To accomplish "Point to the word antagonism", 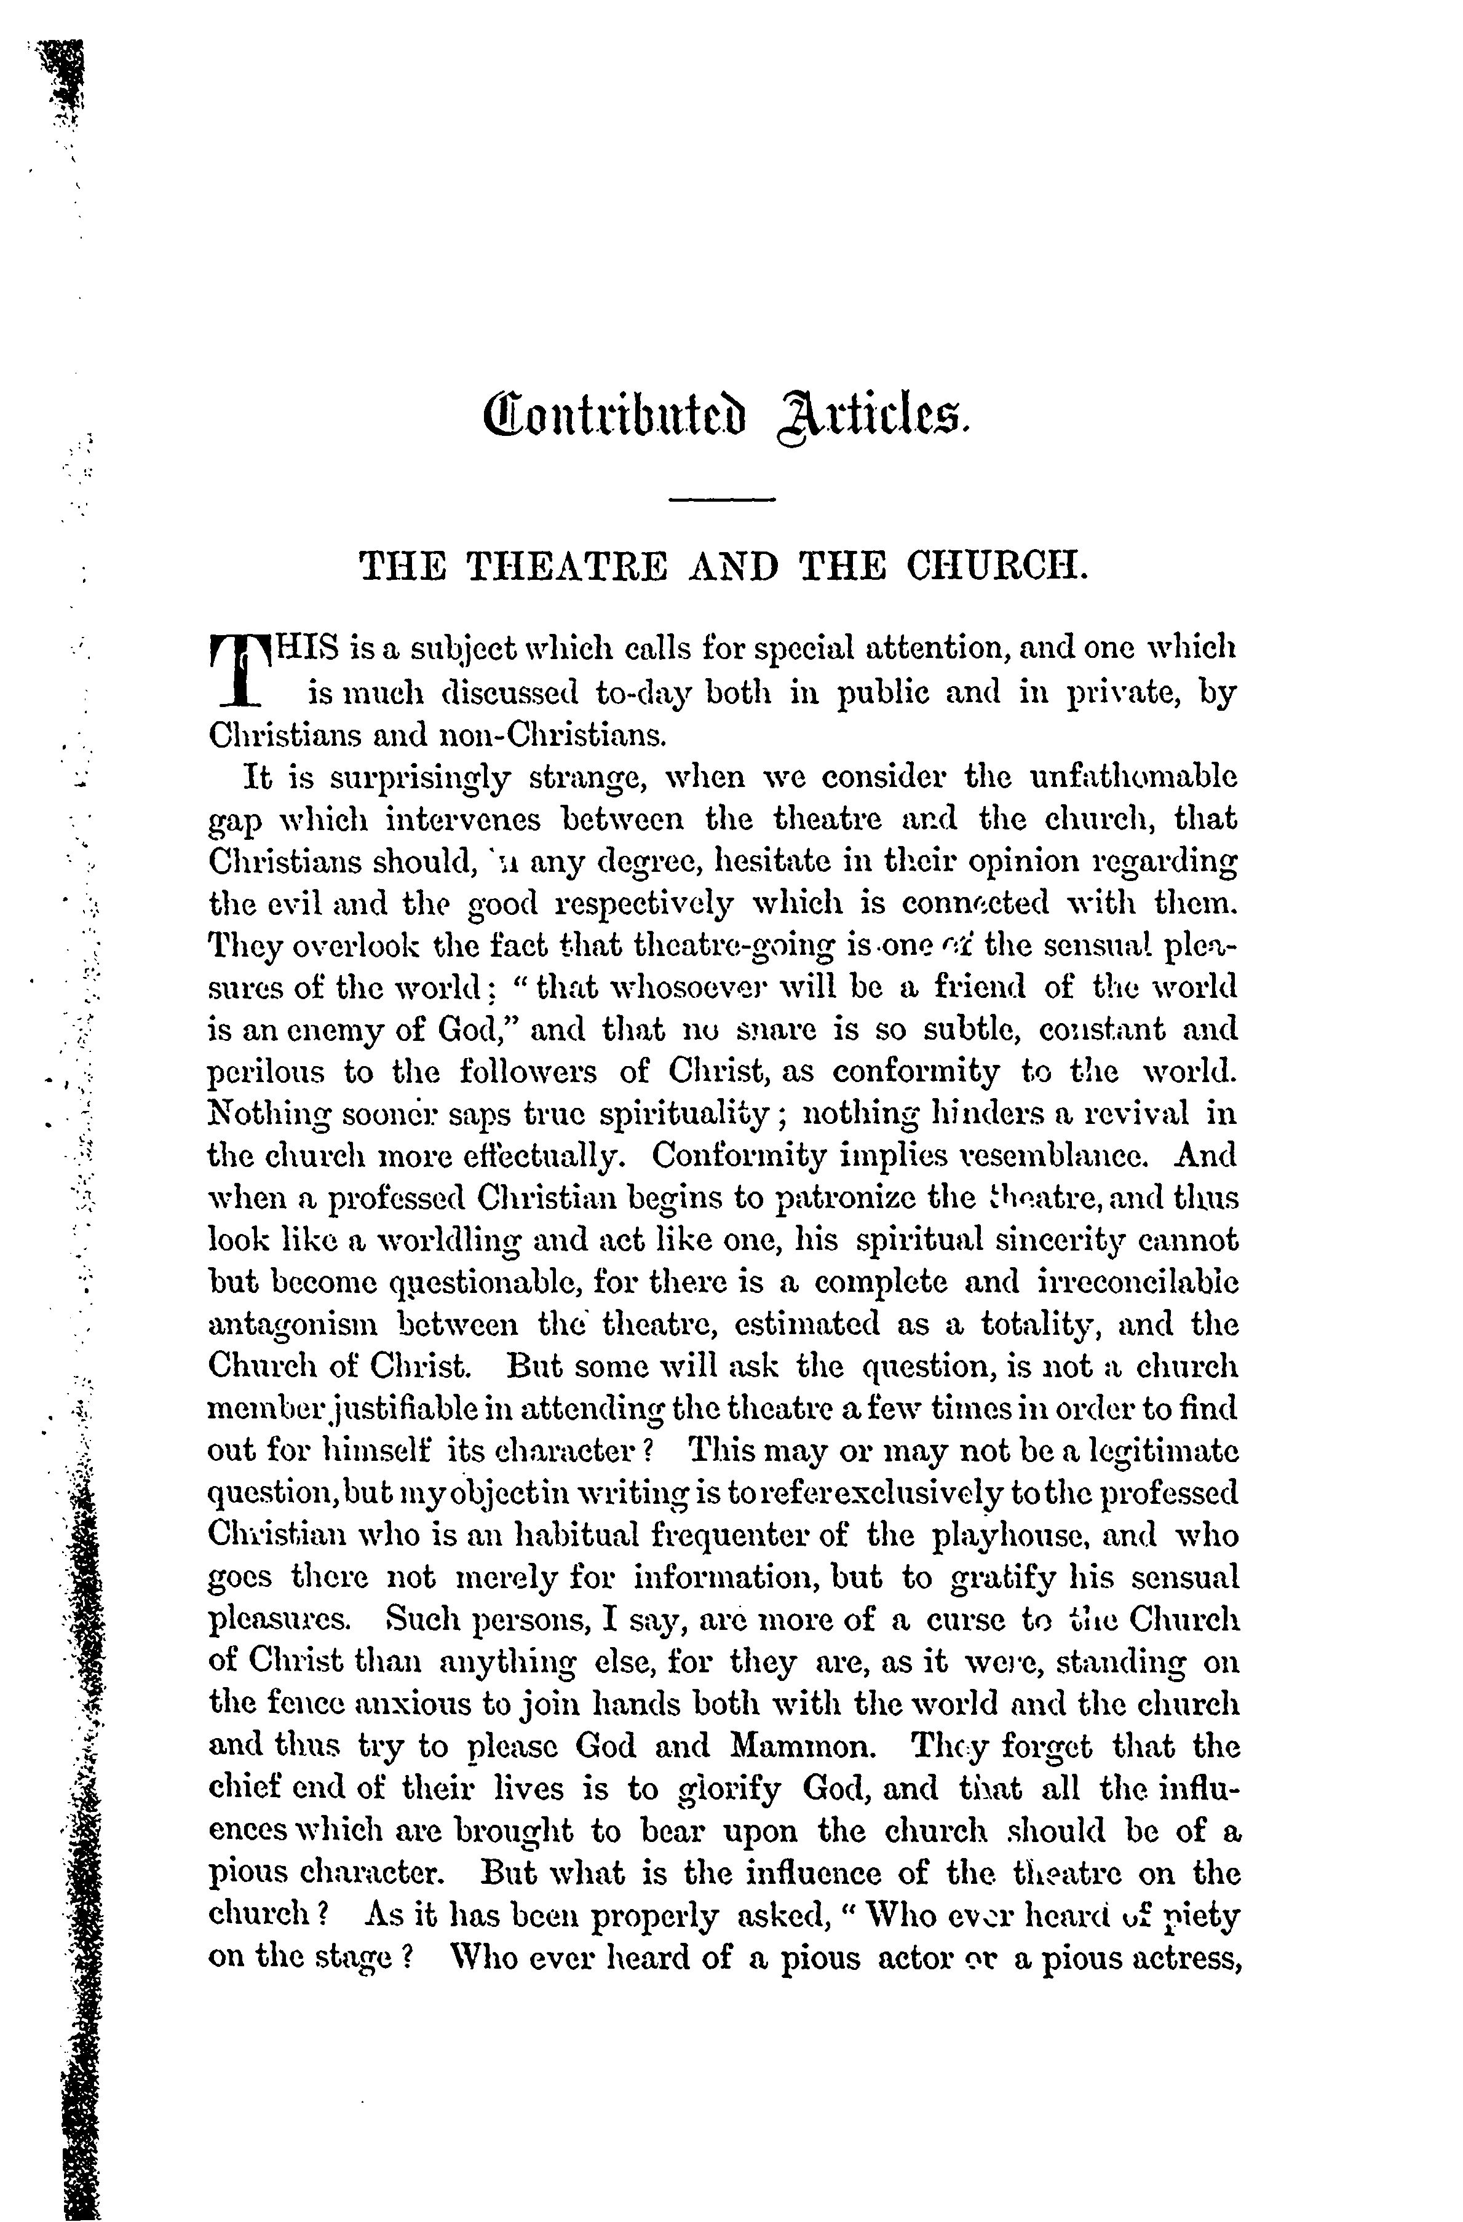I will pos(292,1326).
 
